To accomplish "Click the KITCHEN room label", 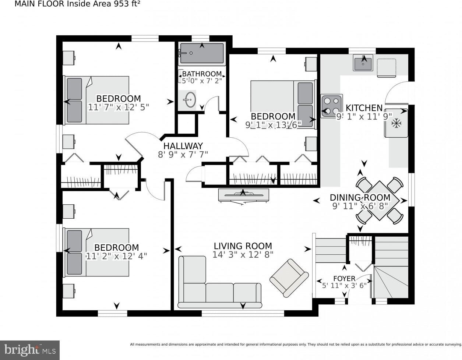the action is (364, 108).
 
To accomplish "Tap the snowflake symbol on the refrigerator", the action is (396, 123).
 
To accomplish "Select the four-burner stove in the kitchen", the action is (332, 106).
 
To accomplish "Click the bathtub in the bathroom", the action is (202, 53).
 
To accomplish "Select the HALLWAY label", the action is (183, 146).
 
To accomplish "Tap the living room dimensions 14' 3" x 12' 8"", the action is (243, 254).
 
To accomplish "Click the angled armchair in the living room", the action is (289, 278).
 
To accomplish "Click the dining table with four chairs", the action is (380, 200).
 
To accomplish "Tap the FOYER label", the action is (344, 278).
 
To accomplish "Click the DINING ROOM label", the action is (360, 198).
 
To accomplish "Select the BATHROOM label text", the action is (202, 74).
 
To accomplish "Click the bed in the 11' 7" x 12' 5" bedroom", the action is (96, 100).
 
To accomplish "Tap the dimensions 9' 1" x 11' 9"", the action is (364, 116).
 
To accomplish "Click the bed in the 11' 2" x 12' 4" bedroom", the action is (96, 252).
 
